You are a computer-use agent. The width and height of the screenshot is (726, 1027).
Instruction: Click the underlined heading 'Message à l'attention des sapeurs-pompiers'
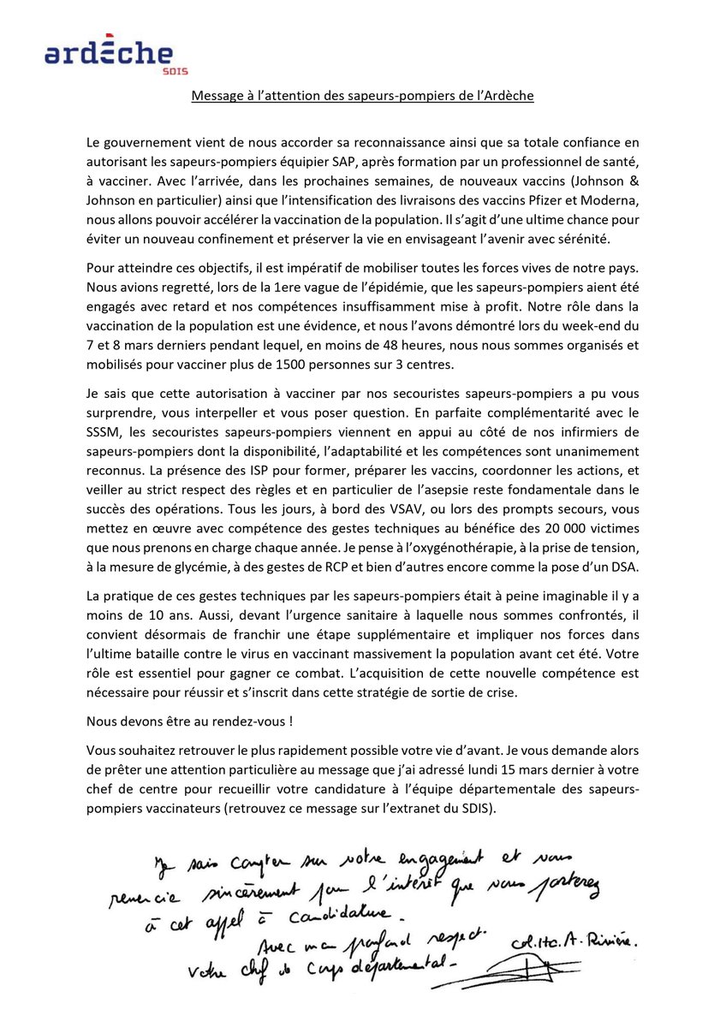click(362, 96)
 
